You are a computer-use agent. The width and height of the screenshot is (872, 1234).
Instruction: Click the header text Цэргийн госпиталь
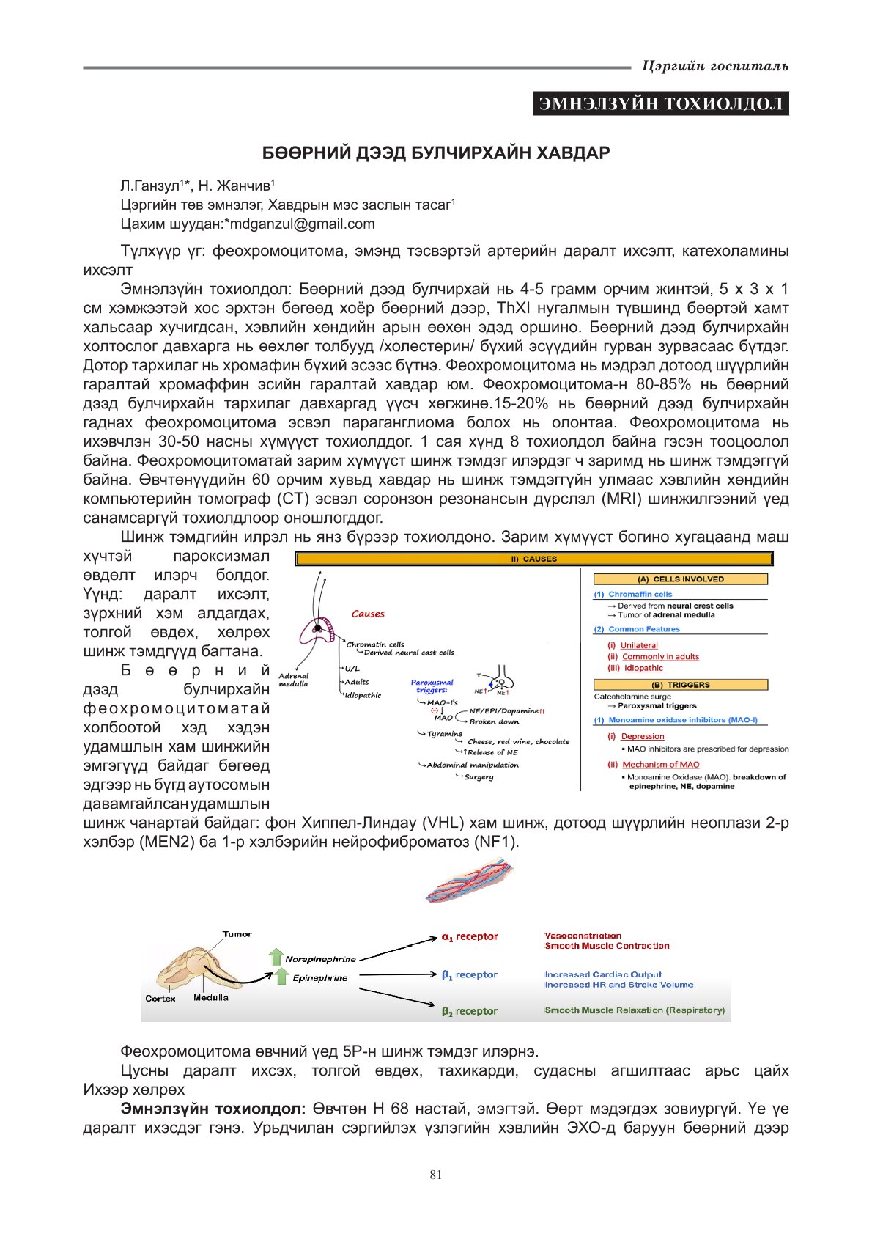click(x=714, y=66)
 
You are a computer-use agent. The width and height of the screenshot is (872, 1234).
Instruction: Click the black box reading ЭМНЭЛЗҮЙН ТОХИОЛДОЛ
click(x=660, y=103)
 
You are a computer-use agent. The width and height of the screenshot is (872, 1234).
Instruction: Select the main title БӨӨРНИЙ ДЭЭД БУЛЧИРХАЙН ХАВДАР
click(x=436, y=153)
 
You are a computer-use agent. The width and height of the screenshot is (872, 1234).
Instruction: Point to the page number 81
click(x=436, y=1175)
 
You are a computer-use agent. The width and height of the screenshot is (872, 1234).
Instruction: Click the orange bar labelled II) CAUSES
click(x=533, y=559)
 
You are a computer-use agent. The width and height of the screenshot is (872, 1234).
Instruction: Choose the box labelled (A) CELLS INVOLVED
click(x=680, y=579)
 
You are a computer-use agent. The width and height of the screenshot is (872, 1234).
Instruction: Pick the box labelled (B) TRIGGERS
click(x=680, y=685)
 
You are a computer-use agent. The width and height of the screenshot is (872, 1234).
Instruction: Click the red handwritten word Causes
click(x=368, y=614)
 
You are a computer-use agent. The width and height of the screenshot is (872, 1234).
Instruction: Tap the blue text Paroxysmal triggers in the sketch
click(x=432, y=686)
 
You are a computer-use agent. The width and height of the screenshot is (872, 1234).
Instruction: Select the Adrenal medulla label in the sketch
click(x=294, y=680)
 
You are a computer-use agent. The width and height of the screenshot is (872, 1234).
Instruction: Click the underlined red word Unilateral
click(x=639, y=645)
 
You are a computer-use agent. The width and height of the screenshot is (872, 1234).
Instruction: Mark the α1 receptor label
click(x=470, y=937)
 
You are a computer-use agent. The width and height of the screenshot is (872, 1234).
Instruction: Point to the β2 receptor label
click(x=470, y=1011)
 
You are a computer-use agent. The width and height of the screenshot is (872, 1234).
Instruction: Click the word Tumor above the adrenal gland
click(x=237, y=934)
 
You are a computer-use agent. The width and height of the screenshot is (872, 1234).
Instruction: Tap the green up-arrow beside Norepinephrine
click(x=276, y=957)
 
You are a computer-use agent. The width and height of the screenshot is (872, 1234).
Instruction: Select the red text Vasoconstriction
click(x=583, y=936)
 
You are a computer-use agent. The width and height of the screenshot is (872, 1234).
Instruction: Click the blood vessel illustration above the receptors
click(x=469, y=882)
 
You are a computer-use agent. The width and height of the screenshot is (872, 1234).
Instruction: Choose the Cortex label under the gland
click(x=160, y=998)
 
